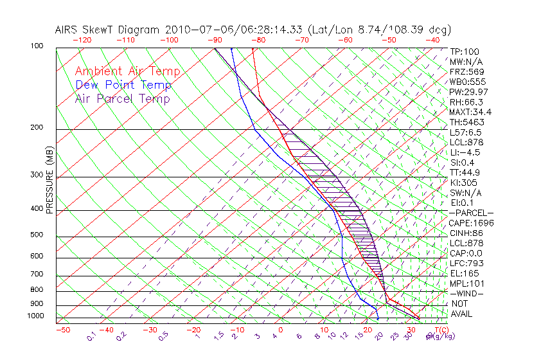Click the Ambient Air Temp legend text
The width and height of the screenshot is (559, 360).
click(127, 72)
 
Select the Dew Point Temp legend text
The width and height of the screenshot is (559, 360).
click(123, 85)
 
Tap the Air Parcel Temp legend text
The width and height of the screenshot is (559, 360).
click(123, 99)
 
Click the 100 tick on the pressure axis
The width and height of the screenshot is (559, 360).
click(37, 46)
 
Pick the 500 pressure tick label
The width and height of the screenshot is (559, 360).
click(37, 235)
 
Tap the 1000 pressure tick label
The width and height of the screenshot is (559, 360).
click(35, 316)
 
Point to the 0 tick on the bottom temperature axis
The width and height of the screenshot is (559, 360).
click(281, 330)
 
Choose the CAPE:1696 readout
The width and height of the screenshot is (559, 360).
click(471, 223)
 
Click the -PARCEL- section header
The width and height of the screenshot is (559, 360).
click(471, 213)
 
